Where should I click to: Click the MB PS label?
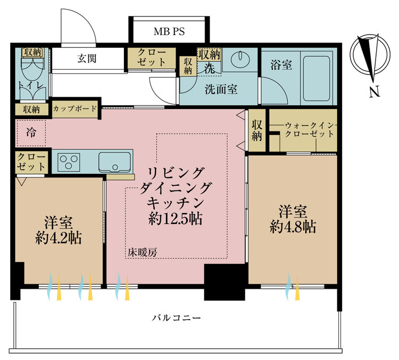click(x=169, y=31)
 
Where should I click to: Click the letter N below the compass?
click(x=375, y=92)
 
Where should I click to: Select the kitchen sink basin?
click(x=114, y=162)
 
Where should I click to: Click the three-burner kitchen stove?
click(x=69, y=162)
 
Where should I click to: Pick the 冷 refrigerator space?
click(x=31, y=133)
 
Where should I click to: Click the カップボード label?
click(x=74, y=108)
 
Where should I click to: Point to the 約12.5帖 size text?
click(x=176, y=219)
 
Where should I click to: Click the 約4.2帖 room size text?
click(x=59, y=238)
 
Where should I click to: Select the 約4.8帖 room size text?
click(x=293, y=227)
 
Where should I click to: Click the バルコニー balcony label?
click(x=177, y=318)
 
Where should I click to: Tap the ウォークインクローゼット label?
click(x=310, y=130)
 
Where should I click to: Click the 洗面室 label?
click(x=221, y=89)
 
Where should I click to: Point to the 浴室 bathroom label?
click(x=281, y=65)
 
